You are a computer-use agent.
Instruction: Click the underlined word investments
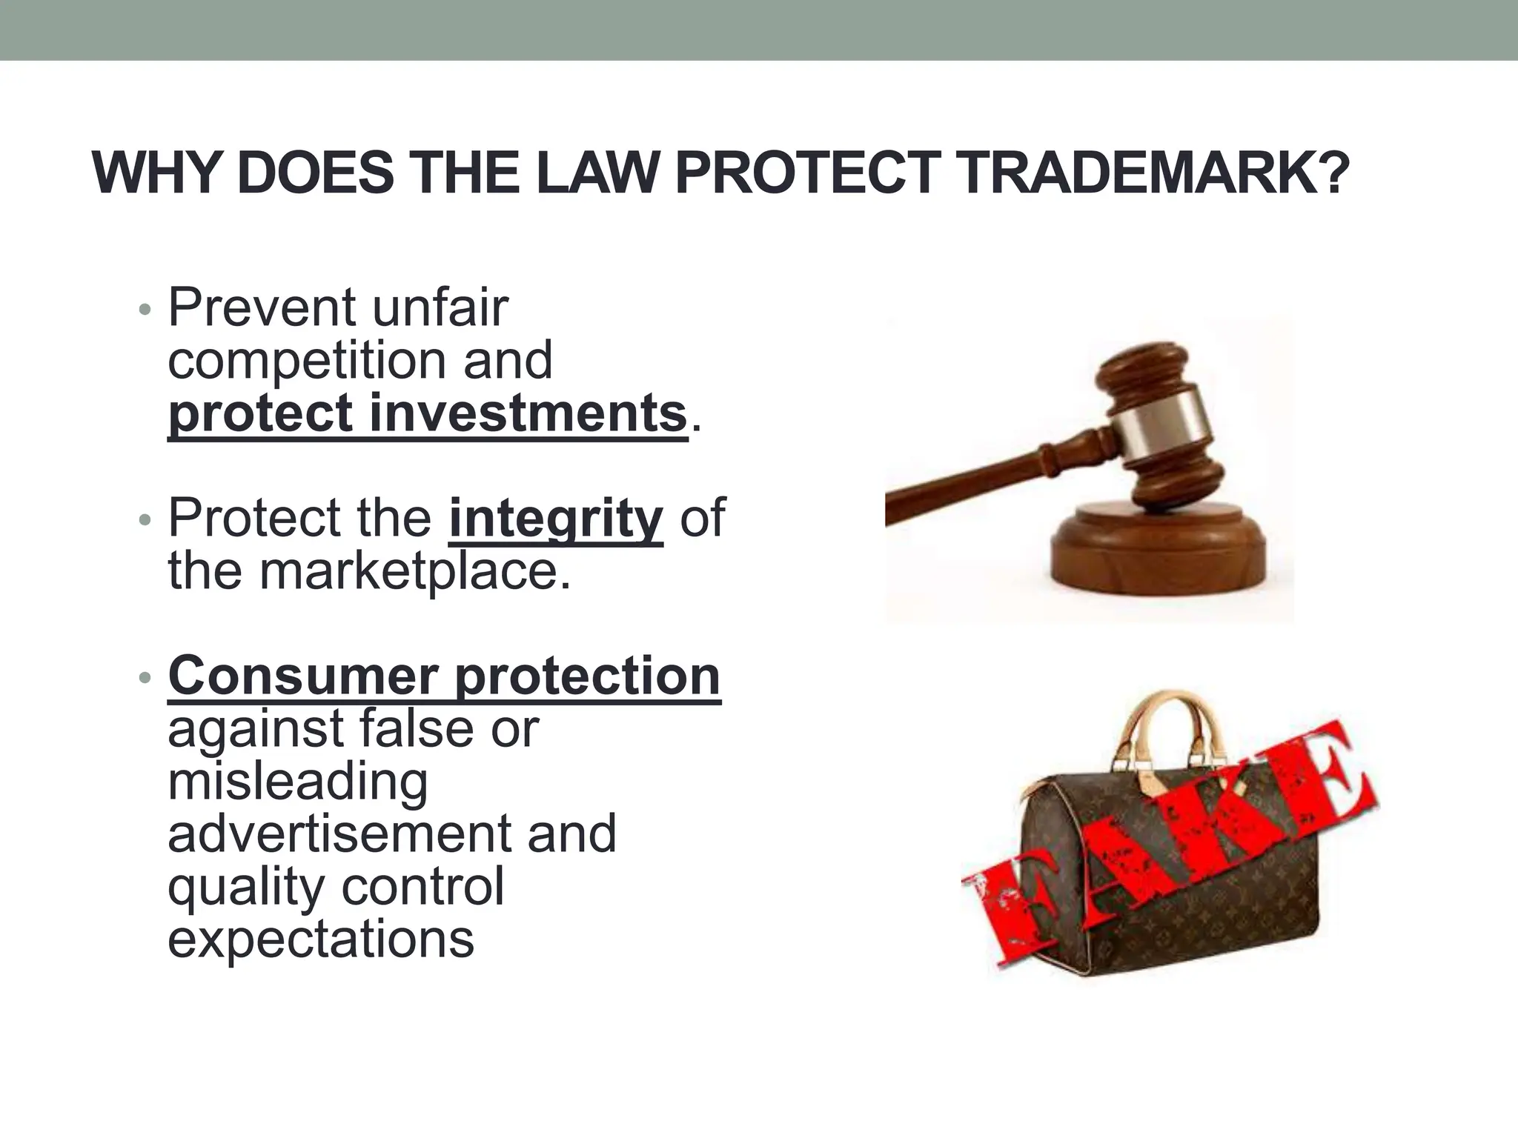[x=528, y=413]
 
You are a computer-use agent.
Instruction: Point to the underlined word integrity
[x=556, y=519]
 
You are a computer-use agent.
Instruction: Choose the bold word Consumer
[x=303, y=676]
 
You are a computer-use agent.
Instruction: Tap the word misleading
[x=298, y=782]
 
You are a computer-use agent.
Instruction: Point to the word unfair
[x=440, y=307]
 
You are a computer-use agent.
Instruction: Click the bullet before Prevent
[x=145, y=310]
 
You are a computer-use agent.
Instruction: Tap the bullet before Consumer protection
[x=145, y=677]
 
